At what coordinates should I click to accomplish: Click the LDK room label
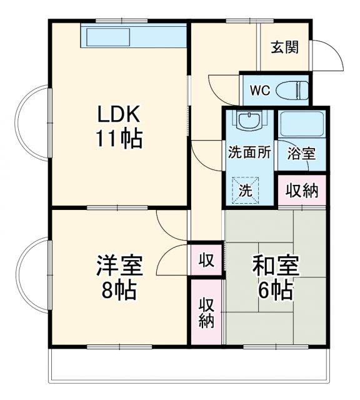click(x=118, y=114)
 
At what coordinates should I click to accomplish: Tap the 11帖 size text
click(x=118, y=139)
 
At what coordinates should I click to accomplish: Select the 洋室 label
click(x=119, y=265)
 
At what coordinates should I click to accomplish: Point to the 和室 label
click(x=275, y=265)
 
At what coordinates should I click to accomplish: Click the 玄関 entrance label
click(x=284, y=47)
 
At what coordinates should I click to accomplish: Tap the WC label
click(x=259, y=90)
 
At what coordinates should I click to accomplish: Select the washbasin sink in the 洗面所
click(x=249, y=119)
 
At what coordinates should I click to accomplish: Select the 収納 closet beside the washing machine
click(x=302, y=191)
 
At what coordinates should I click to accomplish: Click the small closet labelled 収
click(x=205, y=258)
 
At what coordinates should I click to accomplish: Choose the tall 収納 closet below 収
click(x=206, y=312)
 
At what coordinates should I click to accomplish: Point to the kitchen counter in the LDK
click(x=134, y=36)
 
